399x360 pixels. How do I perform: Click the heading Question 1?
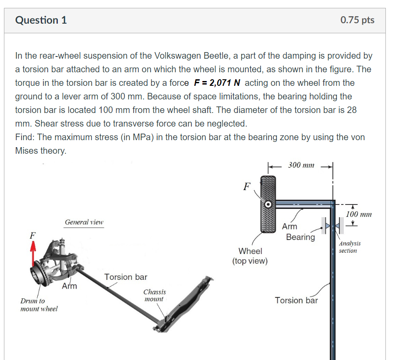(x=41, y=20)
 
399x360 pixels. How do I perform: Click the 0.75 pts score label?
(x=357, y=20)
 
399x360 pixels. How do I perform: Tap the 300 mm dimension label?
(x=301, y=165)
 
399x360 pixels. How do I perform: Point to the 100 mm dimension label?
(x=359, y=214)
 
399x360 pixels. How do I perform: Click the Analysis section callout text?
(x=349, y=247)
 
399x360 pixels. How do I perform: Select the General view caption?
(x=84, y=222)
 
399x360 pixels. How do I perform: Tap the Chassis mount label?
(x=154, y=295)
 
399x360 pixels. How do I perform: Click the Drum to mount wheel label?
(x=39, y=305)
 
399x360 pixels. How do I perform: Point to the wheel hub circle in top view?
(x=268, y=204)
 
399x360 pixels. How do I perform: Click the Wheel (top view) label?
(x=250, y=256)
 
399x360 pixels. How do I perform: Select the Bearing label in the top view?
(x=300, y=237)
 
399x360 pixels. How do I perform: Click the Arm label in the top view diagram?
(x=290, y=226)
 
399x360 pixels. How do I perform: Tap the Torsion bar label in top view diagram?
(x=296, y=300)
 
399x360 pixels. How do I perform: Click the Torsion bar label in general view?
(x=126, y=277)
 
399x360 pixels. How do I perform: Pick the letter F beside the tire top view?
(x=247, y=187)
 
